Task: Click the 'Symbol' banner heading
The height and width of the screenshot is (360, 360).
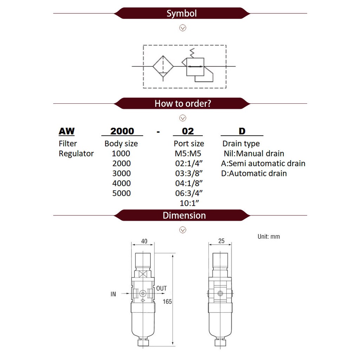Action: pyautogui.click(x=182, y=13)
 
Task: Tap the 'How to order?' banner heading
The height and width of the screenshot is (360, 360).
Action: pyautogui.click(x=183, y=104)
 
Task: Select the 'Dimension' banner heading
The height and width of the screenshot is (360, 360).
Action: pyautogui.click(x=184, y=216)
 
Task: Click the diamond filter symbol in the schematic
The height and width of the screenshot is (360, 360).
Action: pyautogui.click(x=163, y=66)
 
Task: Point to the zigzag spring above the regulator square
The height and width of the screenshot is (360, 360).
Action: pyautogui.click(x=192, y=53)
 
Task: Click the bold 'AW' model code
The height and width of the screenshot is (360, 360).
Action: pyautogui.click(x=66, y=131)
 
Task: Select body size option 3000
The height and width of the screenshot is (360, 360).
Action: pyautogui.click(x=121, y=173)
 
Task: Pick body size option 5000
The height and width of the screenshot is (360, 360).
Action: pyautogui.click(x=121, y=193)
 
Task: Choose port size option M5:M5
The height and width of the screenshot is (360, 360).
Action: pyautogui.click(x=188, y=153)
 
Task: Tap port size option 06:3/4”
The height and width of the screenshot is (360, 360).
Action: pyautogui.click(x=189, y=193)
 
